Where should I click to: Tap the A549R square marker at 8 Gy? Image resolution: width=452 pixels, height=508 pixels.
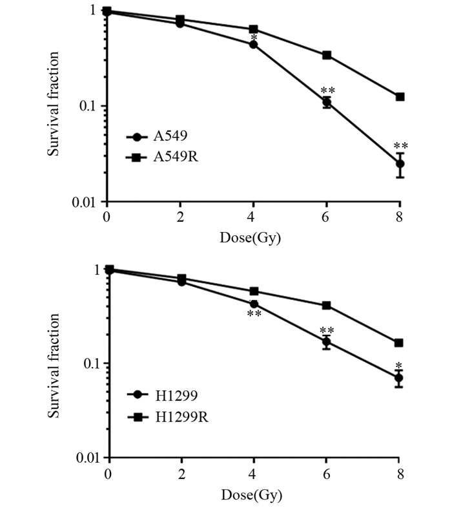(400, 97)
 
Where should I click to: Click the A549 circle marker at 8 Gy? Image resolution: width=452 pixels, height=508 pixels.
(400, 164)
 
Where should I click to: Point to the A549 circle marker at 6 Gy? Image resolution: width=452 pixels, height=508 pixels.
(327, 102)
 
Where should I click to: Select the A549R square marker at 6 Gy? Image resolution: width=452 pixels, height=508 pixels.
(327, 56)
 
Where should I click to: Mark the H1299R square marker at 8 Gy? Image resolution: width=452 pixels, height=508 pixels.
(400, 343)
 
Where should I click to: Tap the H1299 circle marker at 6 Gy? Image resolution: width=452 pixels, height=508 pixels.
(327, 341)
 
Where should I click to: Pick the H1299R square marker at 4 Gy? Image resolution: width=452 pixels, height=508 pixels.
(254, 291)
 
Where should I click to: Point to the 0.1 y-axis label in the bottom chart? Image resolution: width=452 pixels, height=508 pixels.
(87, 363)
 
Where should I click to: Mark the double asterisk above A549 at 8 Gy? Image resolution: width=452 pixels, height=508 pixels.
(400, 146)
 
